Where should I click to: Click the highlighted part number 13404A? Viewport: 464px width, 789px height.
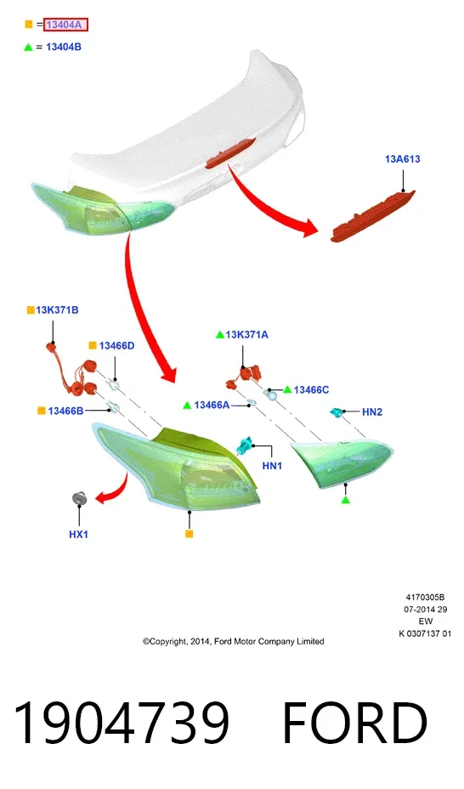(65, 25)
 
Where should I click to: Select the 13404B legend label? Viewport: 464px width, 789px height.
(64, 47)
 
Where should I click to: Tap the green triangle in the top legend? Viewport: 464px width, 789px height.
(28, 47)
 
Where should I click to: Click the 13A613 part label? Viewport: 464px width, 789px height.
(402, 159)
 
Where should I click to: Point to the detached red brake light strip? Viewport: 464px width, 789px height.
(372, 216)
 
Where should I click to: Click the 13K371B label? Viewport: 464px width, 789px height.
(57, 310)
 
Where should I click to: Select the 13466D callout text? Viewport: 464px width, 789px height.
(116, 346)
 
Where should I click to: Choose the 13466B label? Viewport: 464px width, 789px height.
(65, 412)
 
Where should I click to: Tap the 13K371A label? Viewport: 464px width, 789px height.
(246, 335)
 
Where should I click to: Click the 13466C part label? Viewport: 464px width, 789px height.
(311, 390)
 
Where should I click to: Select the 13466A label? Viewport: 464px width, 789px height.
(212, 405)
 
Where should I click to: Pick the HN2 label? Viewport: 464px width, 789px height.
(372, 412)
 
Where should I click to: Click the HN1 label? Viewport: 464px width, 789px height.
(272, 466)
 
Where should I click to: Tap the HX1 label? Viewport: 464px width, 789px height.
(78, 535)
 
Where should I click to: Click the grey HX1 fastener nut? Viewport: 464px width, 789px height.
(79, 498)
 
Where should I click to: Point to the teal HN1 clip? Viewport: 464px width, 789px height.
(245, 445)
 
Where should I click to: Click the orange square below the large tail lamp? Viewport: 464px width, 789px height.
(189, 534)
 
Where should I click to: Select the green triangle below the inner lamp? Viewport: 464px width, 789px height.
(345, 500)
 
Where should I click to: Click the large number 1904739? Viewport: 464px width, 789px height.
(122, 723)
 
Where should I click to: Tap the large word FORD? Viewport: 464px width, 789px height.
(355, 723)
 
